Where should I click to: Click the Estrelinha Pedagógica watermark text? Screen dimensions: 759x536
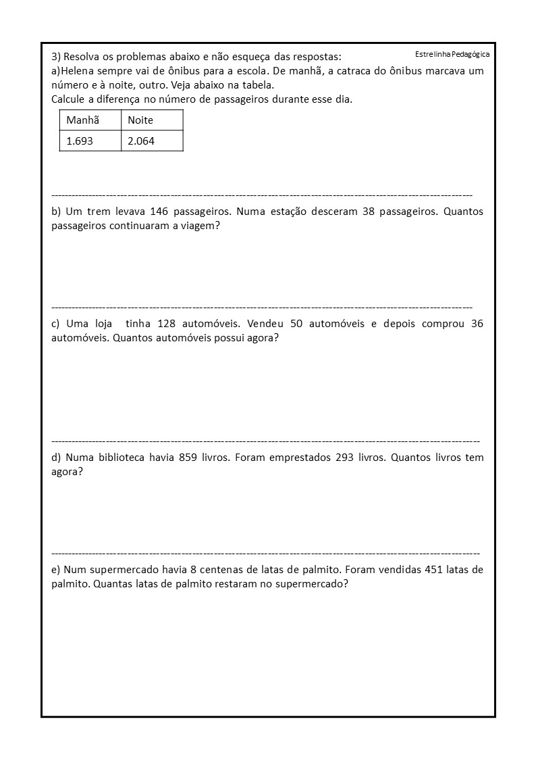pos(452,54)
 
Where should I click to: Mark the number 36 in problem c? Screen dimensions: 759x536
pos(477,324)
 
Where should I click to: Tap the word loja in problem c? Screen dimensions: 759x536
pos(99,324)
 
